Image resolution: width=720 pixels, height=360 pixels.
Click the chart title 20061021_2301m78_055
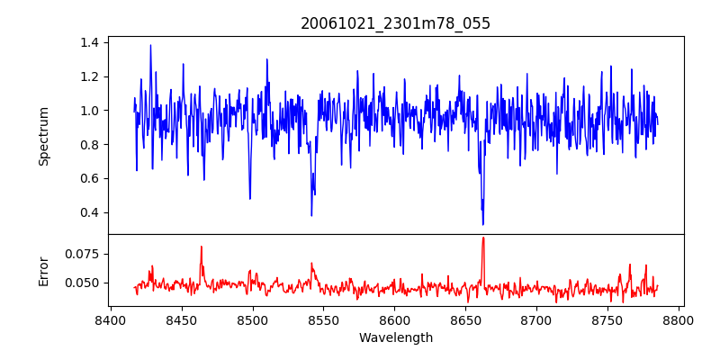396,23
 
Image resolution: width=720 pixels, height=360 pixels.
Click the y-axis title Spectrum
44,136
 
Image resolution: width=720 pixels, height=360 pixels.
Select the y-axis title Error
44,270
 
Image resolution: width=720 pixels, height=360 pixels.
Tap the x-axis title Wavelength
396,338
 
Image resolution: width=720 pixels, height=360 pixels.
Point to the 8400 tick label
110,319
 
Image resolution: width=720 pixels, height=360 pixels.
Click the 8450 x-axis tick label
181,319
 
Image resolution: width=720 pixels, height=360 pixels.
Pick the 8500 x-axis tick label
252,319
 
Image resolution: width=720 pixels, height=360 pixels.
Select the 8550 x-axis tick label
323,319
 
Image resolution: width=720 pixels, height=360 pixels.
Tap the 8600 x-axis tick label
394,319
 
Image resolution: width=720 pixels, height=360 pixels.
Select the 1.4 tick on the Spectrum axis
90,42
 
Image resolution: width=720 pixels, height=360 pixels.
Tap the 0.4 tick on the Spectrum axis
90,212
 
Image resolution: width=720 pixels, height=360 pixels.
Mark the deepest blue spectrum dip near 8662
483,224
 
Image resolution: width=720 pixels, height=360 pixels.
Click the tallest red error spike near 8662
483,238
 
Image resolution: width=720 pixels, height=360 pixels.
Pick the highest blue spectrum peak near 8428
150,45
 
